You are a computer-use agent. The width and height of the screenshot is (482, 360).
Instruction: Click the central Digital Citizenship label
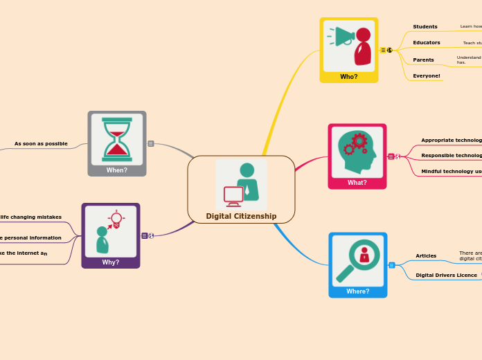click(x=241, y=216)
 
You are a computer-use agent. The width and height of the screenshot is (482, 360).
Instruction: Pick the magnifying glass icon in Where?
click(x=357, y=259)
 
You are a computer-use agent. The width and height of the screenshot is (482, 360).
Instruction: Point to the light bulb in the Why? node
click(x=116, y=219)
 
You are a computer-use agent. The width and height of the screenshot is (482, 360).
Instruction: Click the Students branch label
click(x=425, y=27)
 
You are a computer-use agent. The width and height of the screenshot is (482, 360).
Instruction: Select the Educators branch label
click(x=427, y=43)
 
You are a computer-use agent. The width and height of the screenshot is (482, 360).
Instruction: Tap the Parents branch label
click(x=423, y=60)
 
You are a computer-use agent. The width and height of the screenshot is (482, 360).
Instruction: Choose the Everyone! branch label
click(x=427, y=75)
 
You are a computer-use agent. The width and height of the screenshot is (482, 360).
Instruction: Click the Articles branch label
click(x=426, y=256)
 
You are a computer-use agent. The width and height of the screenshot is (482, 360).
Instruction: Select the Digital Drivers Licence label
click(x=446, y=276)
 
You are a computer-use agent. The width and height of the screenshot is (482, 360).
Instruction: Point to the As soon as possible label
click(x=41, y=144)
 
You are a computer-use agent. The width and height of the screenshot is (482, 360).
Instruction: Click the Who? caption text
click(x=349, y=77)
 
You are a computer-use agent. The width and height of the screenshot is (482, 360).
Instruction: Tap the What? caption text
click(x=357, y=183)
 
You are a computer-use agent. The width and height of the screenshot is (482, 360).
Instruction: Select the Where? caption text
click(x=357, y=291)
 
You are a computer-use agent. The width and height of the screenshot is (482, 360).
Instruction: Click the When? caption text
click(x=117, y=170)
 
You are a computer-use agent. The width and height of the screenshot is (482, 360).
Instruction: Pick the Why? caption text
click(x=111, y=262)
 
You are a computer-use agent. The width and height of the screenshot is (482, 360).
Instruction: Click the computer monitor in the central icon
click(x=233, y=196)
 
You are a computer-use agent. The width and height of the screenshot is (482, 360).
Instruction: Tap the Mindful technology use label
click(x=452, y=171)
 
